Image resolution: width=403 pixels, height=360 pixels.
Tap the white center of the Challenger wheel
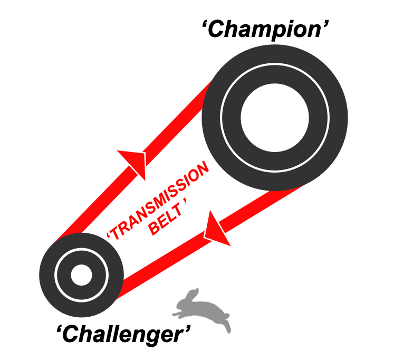tap(81, 274)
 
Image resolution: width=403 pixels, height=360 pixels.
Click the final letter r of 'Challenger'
tap(181, 335)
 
